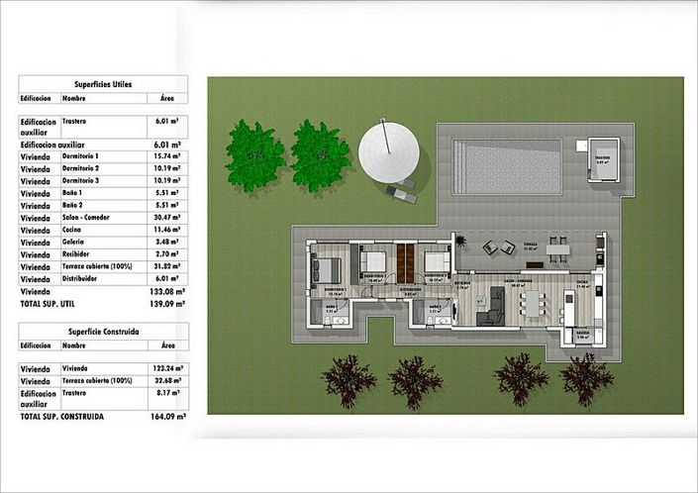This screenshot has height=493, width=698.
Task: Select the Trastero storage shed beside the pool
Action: [603, 160]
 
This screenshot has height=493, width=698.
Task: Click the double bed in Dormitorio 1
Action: [328, 268]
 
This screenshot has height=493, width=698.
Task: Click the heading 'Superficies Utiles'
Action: [103, 85]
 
